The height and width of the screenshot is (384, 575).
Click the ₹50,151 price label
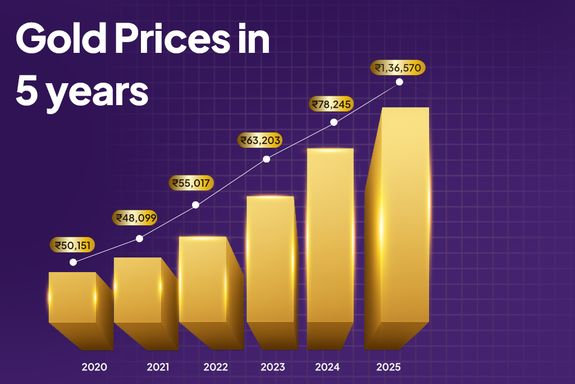pyautogui.click(x=72, y=245)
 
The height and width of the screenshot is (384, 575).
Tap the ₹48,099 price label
pyautogui.click(x=135, y=218)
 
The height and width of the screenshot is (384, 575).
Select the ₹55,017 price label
pyautogui.click(x=191, y=183)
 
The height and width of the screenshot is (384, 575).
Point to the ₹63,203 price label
pyautogui.click(x=261, y=140)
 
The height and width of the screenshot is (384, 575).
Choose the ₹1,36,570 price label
pyautogui.click(x=398, y=67)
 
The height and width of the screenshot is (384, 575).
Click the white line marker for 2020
pyautogui.click(x=73, y=262)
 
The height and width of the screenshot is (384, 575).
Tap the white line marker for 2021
pyautogui.click(x=140, y=238)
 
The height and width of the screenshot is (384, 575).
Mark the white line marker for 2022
pyautogui.click(x=195, y=205)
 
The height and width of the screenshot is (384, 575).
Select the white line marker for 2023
pyautogui.click(x=267, y=159)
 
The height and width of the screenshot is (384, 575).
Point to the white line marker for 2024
pyautogui.click(x=334, y=122)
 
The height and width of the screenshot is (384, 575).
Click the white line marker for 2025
pyautogui.click(x=399, y=82)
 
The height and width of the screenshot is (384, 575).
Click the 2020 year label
pyautogui.click(x=94, y=367)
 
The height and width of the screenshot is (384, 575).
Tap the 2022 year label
pyautogui.click(x=216, y=367)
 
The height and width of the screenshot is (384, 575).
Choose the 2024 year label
pyautogui.click(x=327, y=367)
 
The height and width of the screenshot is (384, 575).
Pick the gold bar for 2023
pyautogui.click(x=271, y=264)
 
